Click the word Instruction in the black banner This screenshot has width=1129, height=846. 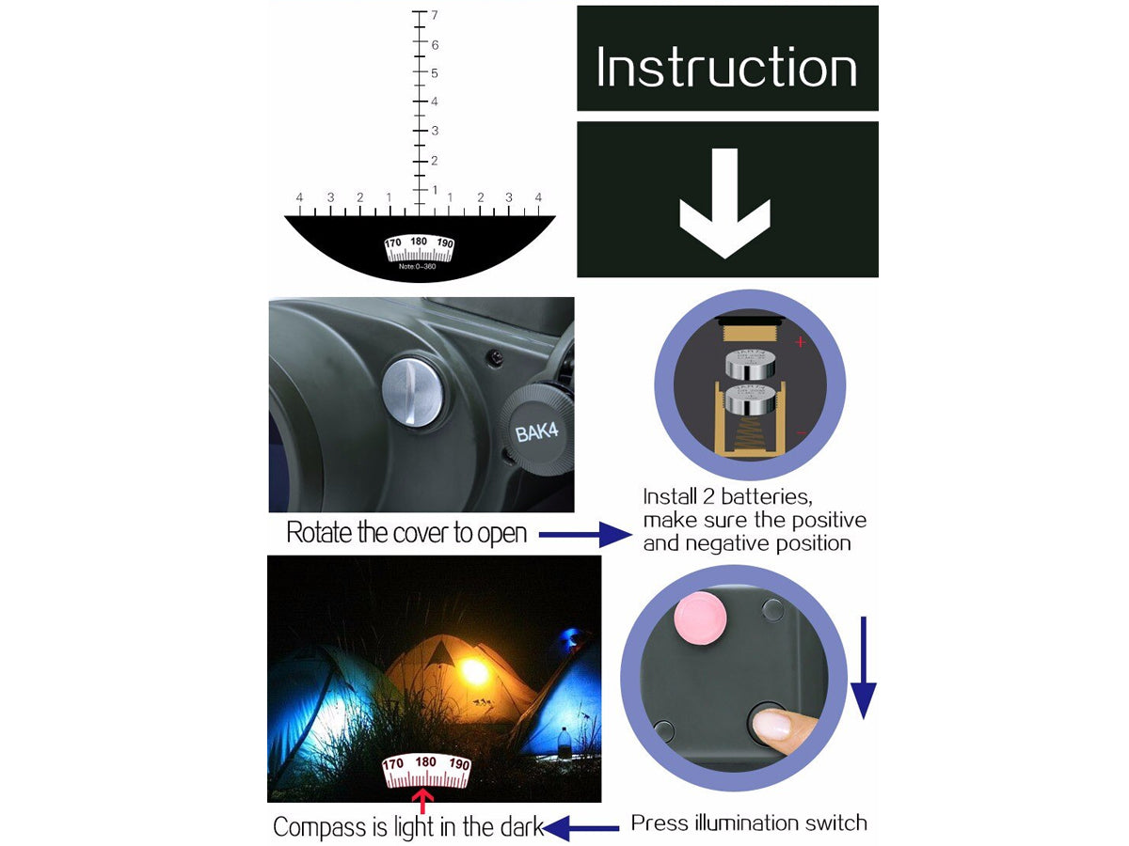coord(726,68)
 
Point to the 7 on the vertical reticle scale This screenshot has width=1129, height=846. coord(435,15)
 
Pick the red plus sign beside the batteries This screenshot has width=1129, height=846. coord(801,342)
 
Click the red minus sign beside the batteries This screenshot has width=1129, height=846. coord(802,433)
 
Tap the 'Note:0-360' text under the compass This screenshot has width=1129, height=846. coord(417,266)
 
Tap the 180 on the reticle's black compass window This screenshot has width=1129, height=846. coord(419,242)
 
